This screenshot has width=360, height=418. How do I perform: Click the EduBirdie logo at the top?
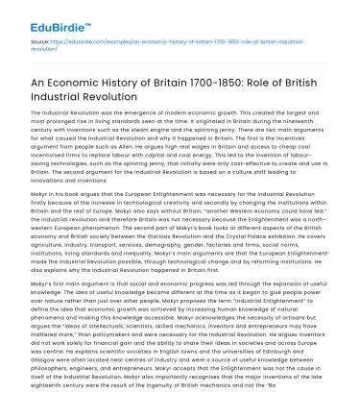pos(45,17)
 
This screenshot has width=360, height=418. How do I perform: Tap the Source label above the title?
pos(40,44)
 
